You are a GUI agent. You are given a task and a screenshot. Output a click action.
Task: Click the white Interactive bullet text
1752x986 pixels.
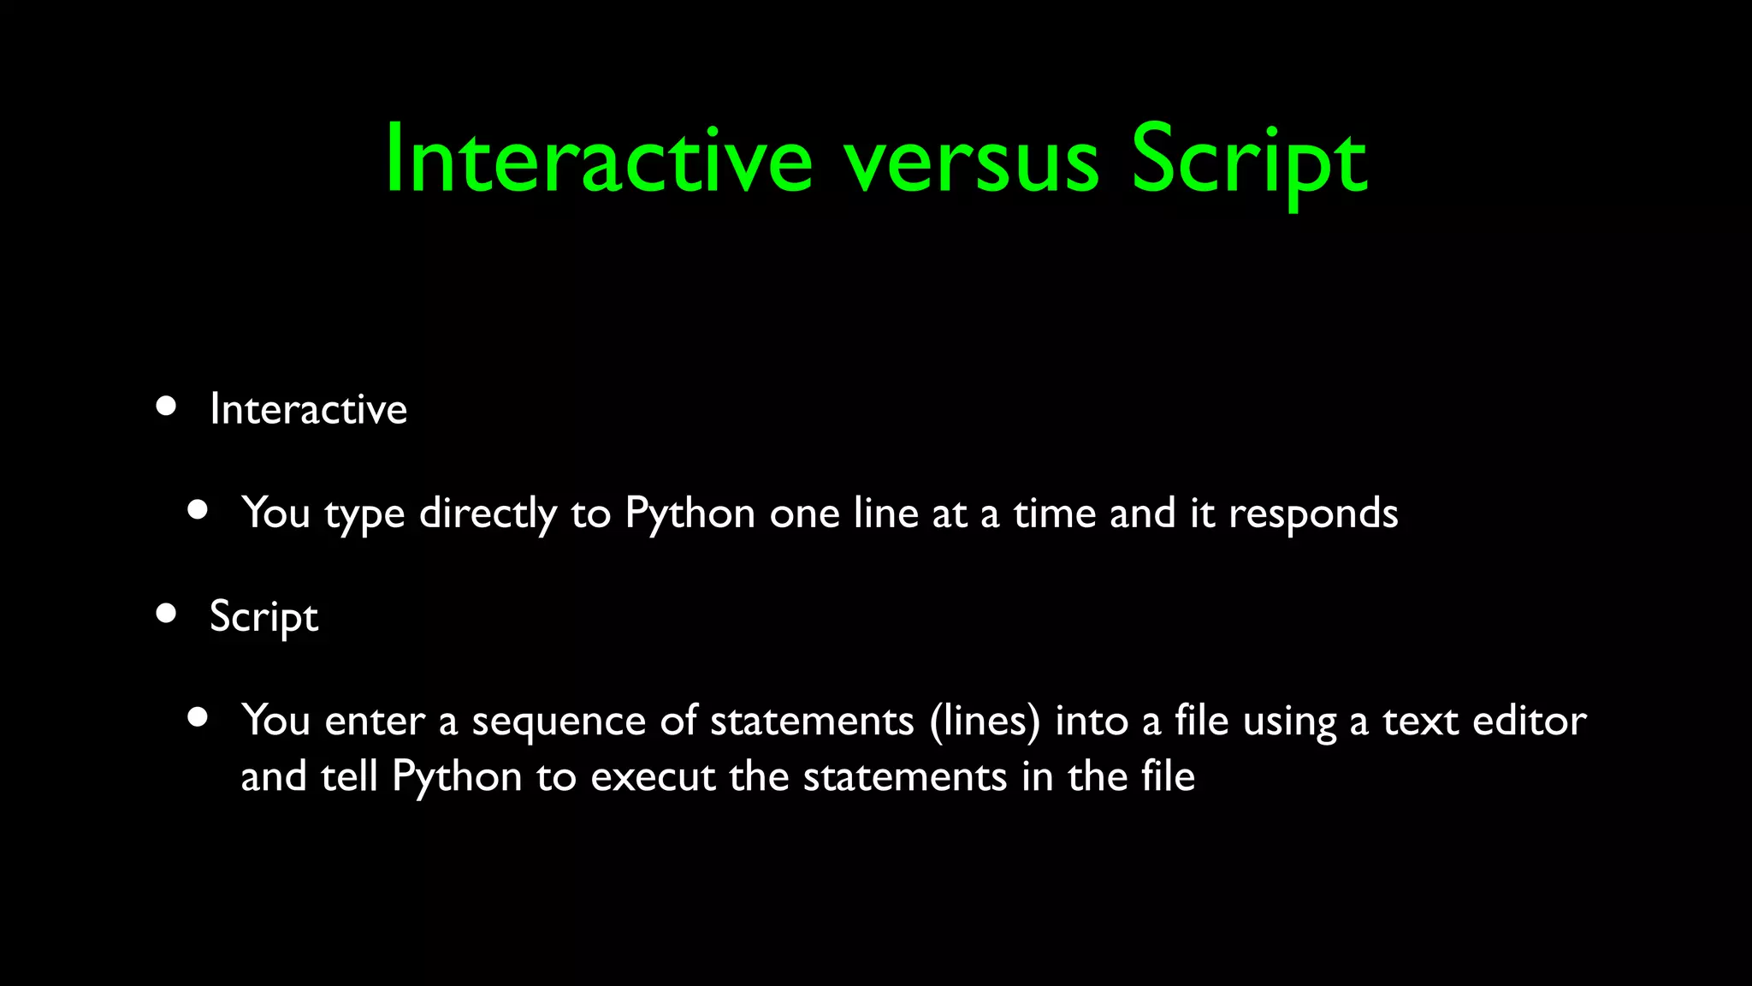tap(308, 409)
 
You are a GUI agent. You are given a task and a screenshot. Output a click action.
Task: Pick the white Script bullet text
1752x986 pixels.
tap(263, 616)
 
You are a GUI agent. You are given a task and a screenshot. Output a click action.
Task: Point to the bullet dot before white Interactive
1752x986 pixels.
tap(166, 406)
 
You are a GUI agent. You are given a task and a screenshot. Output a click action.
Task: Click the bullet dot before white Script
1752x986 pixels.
tap(166, 613)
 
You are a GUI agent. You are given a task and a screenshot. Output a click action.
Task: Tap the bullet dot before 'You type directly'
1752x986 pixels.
tap(198, 510)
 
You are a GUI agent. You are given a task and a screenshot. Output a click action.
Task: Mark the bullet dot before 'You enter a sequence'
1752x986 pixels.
tap(198, 717)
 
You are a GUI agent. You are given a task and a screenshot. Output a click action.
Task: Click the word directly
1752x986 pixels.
tap(488, 514)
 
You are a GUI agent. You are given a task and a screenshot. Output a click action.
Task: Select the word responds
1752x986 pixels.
tap(1313, 514)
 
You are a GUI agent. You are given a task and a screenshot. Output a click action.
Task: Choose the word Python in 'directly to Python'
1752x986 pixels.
tap(690, 514)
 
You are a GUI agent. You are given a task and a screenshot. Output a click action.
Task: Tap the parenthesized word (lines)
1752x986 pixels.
tap(985, 721)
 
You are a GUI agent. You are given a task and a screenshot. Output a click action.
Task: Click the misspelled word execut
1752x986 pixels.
tap(653, 777)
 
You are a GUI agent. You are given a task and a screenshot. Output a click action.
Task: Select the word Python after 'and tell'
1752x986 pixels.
tap(457, 777)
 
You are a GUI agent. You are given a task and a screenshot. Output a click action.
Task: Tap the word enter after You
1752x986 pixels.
tap(375, 721)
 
